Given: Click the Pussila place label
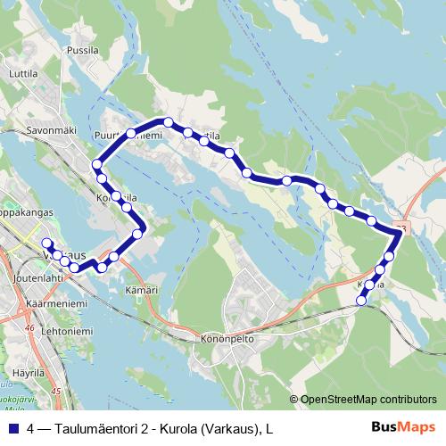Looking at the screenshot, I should [83, 52].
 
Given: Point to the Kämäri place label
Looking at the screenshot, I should [142, 290].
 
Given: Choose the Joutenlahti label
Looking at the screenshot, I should [38, 277].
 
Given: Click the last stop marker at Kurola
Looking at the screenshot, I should [361, 301].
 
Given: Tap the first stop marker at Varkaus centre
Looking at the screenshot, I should [46, 243].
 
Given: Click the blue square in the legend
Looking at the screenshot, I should [13, 430].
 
